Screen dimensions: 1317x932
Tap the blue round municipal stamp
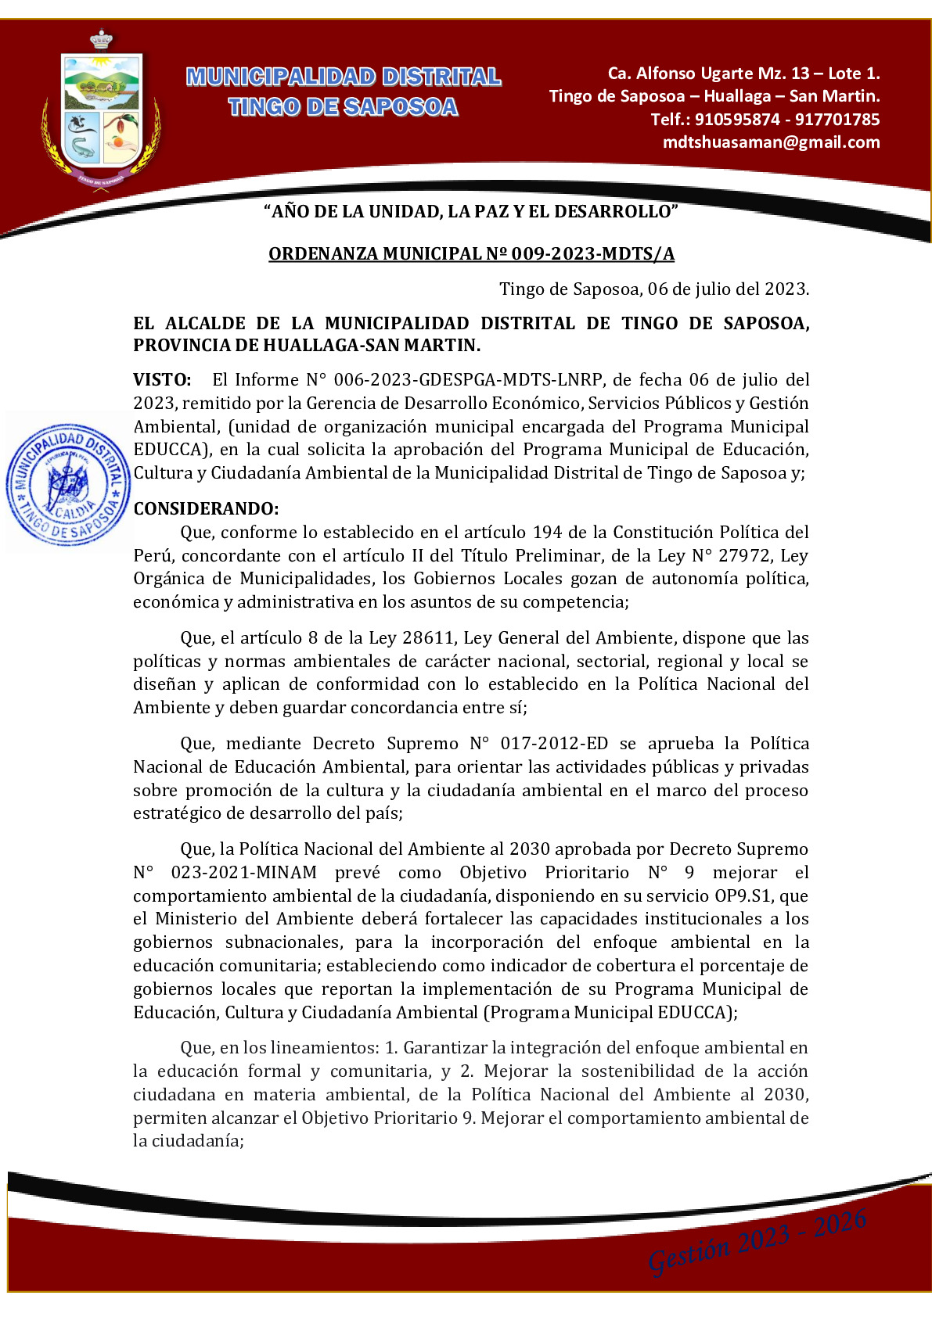(x=68, y=483)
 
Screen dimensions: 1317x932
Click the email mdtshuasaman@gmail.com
(x=771, y=142)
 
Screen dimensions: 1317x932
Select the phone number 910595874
(x=737, y=120)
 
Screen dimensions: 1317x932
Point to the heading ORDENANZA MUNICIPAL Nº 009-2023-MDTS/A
(x=471, y=254)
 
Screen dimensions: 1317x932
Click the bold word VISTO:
(x=162, y=380)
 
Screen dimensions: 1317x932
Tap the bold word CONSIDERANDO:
(x=206, y=509)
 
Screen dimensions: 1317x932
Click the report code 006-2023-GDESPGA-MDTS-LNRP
(x=468, y=380)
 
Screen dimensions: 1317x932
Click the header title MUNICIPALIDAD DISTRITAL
(x=344, y=77)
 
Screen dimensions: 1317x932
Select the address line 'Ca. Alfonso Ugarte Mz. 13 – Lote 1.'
(x=743, y=74)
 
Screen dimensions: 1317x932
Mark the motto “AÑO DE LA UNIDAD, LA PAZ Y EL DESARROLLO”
(x=471, y=211)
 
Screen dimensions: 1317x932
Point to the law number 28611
(x=428, y=638)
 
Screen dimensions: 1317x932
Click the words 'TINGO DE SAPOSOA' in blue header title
(x=344, y=107)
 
